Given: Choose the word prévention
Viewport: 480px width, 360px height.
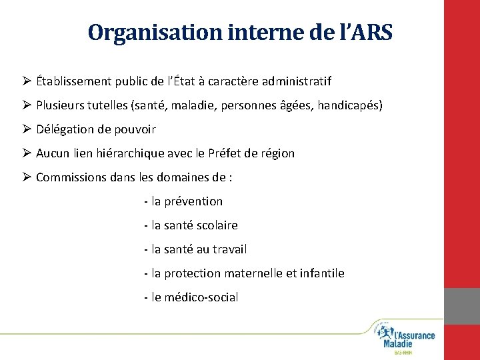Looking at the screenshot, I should pyautogui.click(x=194, y=201).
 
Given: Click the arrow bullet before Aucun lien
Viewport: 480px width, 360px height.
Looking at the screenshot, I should pyautogui.click(x=27, y=153).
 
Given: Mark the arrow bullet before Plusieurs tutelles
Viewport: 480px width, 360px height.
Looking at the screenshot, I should pyautogui.click(x=27, y=105).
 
